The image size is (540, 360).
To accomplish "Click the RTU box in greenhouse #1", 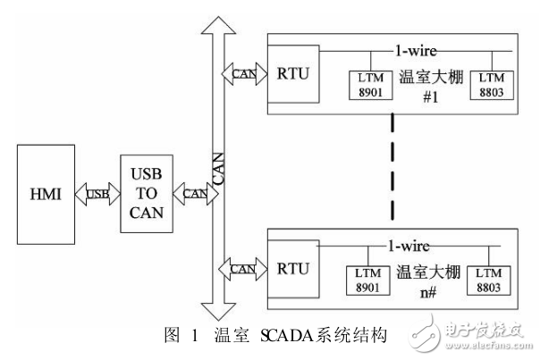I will (292, 72).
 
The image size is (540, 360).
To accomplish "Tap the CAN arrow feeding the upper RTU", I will (243, 73).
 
